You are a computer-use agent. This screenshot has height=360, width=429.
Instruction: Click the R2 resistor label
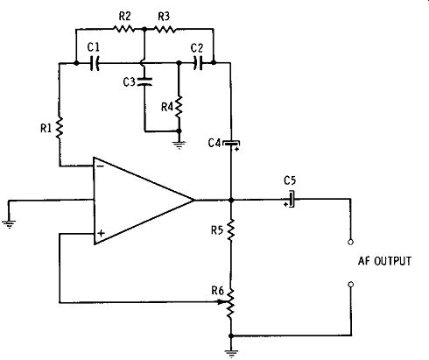pos(124,17)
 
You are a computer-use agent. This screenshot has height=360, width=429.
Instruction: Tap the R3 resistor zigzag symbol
pos(165,29)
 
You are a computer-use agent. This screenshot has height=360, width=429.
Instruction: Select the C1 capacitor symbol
pos(95,63)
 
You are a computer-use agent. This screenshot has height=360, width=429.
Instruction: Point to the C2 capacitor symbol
pos(198,63)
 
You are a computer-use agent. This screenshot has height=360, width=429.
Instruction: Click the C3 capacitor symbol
pos(144,81)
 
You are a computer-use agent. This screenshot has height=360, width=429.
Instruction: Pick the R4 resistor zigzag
pos(179,107)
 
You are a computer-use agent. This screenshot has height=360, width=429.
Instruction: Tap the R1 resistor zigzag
pos(60,128)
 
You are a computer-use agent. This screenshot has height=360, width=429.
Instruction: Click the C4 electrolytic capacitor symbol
pos(231,145)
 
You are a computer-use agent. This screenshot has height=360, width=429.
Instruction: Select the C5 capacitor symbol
pos(290,200)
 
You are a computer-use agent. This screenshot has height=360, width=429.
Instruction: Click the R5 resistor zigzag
pos(231,229)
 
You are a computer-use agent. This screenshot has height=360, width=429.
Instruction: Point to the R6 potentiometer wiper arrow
pos(222,302)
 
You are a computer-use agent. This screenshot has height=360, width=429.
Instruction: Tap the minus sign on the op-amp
pos(100,166)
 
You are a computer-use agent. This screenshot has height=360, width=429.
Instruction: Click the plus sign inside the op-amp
pos(101,233)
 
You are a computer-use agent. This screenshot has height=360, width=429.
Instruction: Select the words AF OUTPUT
pos(384,261)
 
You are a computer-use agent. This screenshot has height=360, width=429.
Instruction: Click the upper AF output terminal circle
pos(351,242)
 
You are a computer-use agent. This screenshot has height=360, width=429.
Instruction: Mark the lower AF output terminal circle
pos(351,285)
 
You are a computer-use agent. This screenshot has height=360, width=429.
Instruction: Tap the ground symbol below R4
pos(179,145)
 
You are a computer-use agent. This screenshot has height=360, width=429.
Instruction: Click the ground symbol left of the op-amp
pos(9,224)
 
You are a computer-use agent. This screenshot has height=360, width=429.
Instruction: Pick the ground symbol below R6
pos(231,354)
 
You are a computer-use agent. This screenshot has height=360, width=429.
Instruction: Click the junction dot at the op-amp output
pos(231,201)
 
